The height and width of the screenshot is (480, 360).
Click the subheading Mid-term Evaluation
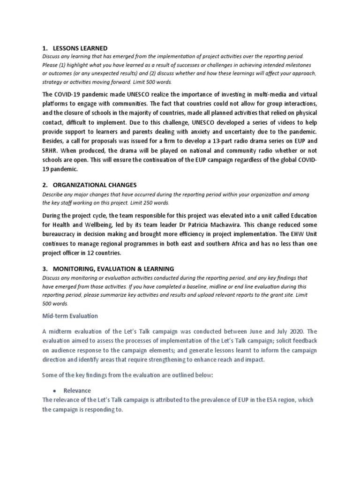click(70, 316)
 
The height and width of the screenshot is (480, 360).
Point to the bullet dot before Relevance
click(54, 390)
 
